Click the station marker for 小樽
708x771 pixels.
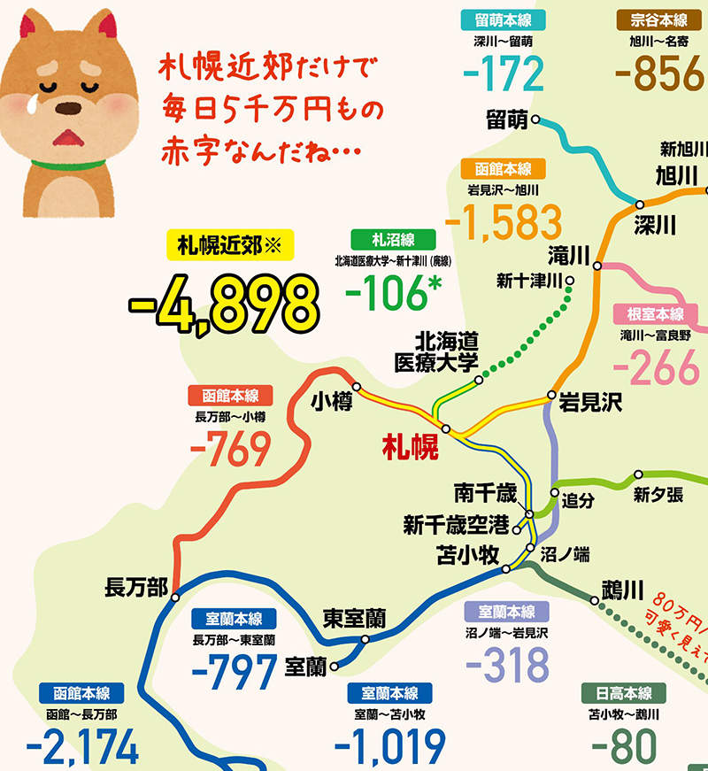pos(357,385)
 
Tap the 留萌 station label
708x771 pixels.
pos(507,118)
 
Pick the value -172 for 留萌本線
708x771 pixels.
pos(503,74)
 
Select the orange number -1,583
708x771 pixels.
pos(504,222)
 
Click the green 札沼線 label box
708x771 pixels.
pos(393,239)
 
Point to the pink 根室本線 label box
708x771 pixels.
pos(656,314)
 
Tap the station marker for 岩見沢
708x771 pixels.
pos(551,394)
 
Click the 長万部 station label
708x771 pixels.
pos(135,586)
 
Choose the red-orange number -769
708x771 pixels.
pos(229,450)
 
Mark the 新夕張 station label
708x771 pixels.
pos(658,495)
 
